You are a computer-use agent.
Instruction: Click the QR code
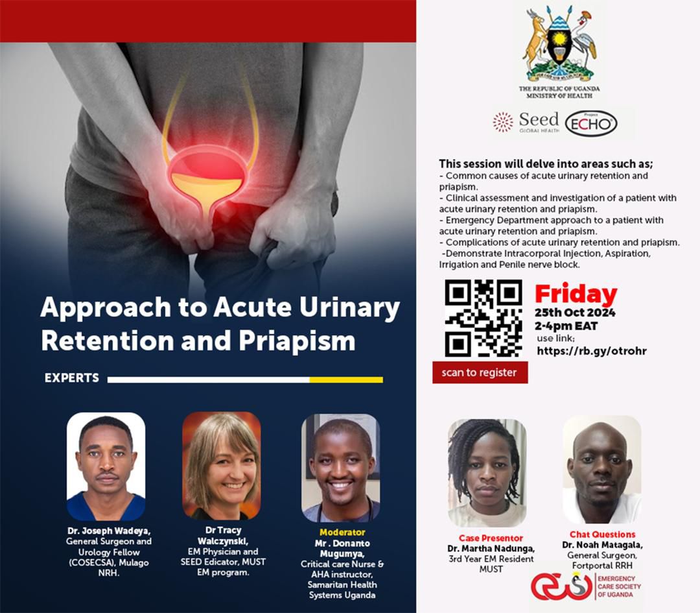point(484,318)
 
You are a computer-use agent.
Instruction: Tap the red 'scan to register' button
point(480,372)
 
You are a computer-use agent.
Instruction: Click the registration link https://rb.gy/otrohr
point(592,351)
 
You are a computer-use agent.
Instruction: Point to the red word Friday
point(576,294)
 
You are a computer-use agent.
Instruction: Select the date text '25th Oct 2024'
point(575,312)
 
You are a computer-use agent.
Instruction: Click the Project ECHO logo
point(591,123)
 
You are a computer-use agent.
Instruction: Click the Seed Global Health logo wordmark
point(526,122)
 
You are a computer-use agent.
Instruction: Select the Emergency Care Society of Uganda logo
point(586,586)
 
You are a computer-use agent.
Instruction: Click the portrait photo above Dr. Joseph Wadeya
point(106,466)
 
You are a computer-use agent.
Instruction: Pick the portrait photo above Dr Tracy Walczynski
point(222,466)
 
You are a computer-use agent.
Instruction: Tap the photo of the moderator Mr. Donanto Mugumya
point(341,468)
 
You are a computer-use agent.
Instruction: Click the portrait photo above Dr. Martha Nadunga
point(487,473)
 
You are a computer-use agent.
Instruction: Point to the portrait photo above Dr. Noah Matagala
point(601,470)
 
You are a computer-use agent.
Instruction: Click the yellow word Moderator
point(342,532)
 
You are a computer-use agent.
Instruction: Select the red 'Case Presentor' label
point(491,538)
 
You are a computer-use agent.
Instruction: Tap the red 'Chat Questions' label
point(602,535)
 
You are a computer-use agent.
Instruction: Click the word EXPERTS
point(72,378)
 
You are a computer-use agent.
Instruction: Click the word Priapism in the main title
point(297,341)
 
